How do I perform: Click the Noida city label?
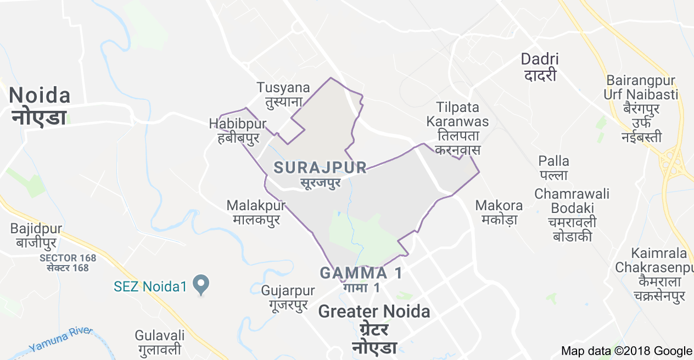pyautogui.click(x=40, y=106)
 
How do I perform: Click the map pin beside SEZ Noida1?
pyautogui.click(x=202, y=284)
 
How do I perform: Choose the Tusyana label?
pyautogui.click(x=283, y=94)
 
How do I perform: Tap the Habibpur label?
pyautogui.click(x=233, y=131)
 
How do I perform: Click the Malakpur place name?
pyautogui.click(x=256, y=212)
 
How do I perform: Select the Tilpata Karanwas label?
pyautogui.click(x=457, y=128)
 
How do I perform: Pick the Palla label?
pyautogui.click(x=553, y=167)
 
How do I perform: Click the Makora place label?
pyautogui.click(x=499, y=212)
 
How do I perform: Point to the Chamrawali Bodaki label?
pyautogui.click(x=572, y=215)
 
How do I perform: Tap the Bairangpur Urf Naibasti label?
pyautogui.click(x=641, y=108)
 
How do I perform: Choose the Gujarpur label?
pyautogui.click(x=288, y=297)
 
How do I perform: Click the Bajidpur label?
pyautogui.click(x=36, y=235)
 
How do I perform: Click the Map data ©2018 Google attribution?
pyautogui.click(x=626, y=351)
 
